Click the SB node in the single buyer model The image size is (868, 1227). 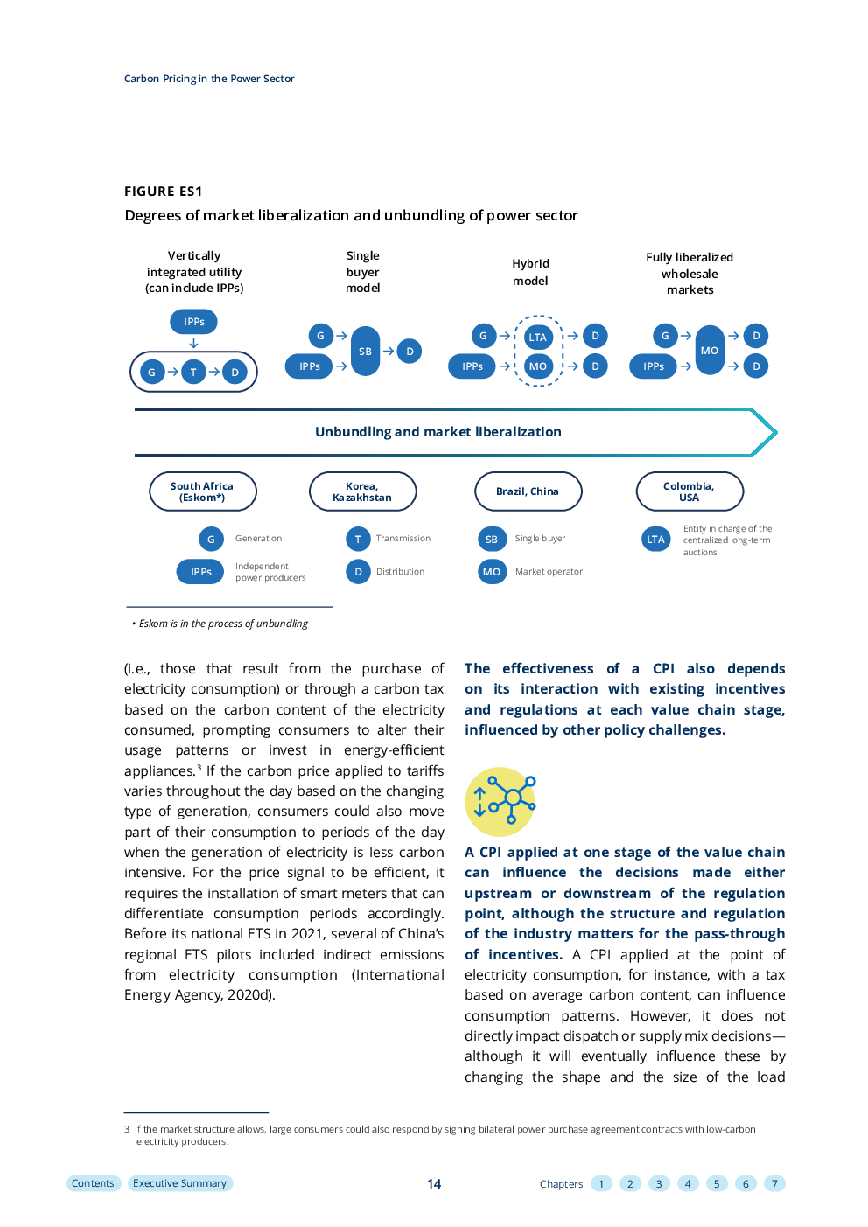pyautogui.click(x=365, y=351)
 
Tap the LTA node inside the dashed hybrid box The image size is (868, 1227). pyautogui.click(x=537, y=337)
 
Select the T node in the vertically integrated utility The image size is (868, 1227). pyautogui.click(x=192, y=372)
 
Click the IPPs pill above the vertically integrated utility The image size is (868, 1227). pyautogui.click(x=193, y=322)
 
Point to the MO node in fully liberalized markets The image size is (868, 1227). pyautogui.click(x=709, y=350)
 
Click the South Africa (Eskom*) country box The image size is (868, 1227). pyautogui.click(x=202, y=491)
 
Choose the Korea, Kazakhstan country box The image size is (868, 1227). pyautogui.click(x=362, y=491)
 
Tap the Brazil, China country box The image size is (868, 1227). pyautogui.click(x=528, y=491)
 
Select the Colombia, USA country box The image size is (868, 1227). pyautogui.click(x=689, y=491)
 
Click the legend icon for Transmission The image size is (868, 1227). pyautogui.click(x=358, y=539)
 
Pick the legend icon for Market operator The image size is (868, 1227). pyautogui.click(x=492, y=571)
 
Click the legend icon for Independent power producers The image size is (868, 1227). pyautogui.click(x=200, y=571)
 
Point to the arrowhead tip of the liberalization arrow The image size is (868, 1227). pyautogui.click(x=776, y=432)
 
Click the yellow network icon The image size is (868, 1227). pyautogui.click(x=500, y=801)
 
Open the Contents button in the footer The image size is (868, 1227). pyautogui.click(x=93, y=1183)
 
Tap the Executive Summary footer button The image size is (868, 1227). pyautogui.click(x=179, y=1183)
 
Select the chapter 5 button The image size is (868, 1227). pyautogui.click(x=717, y=1184)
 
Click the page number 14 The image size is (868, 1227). pyautogui.click(x=434, y=1184)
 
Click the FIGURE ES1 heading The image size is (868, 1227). pyautogui.click(x=164, y=192)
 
